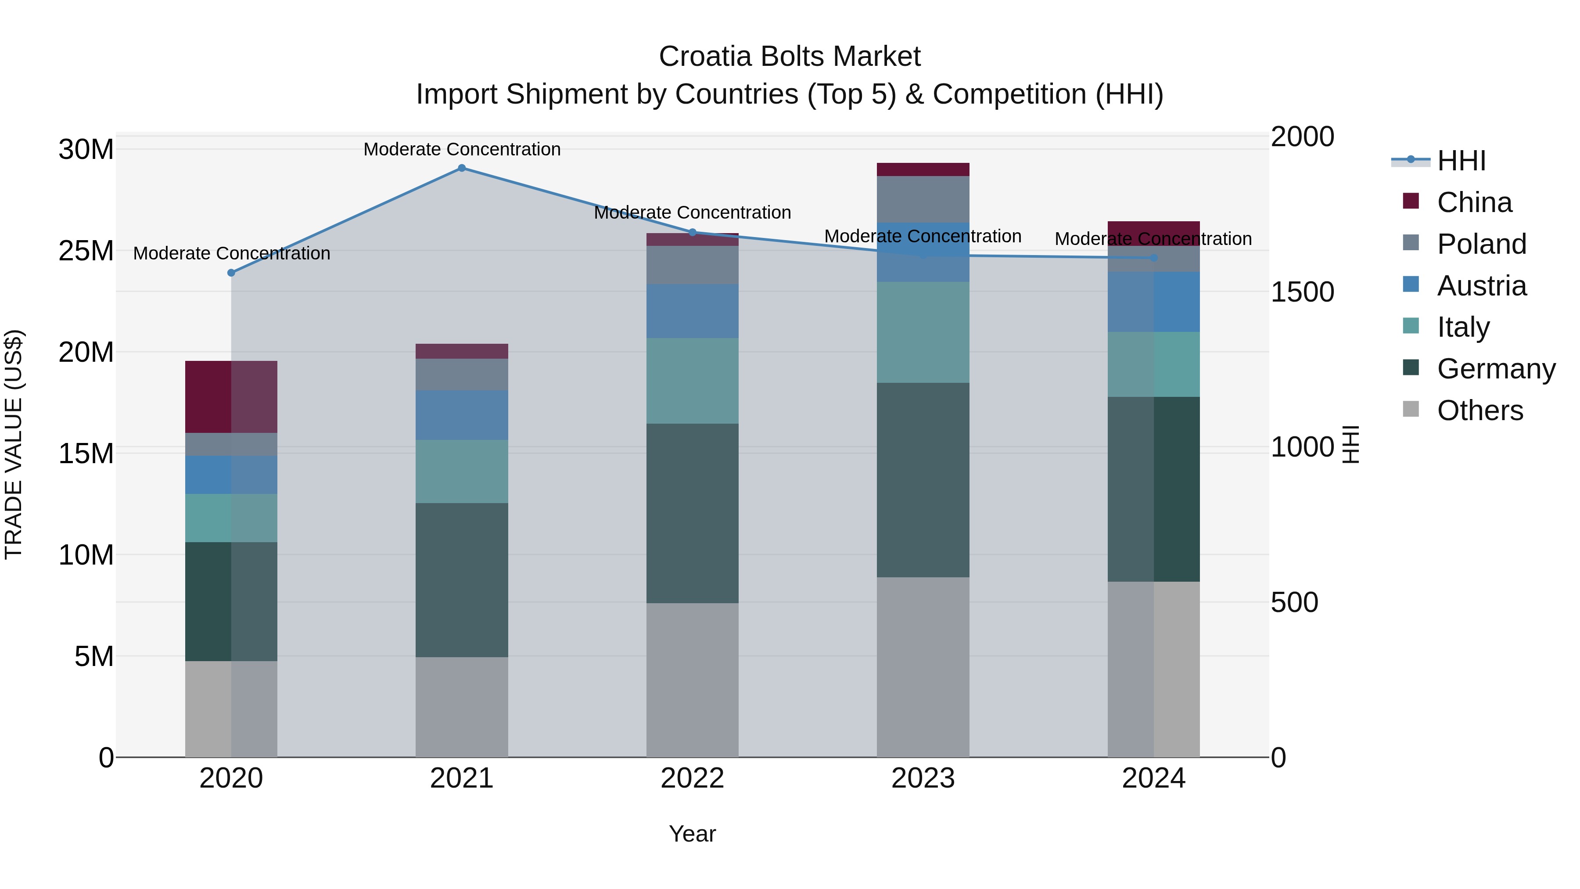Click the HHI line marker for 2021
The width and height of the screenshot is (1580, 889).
(462, 168)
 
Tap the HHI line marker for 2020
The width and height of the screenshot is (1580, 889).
(231, 273)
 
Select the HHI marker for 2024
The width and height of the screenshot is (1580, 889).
(1154, 258)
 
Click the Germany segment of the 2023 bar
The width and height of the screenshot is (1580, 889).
(923, 480)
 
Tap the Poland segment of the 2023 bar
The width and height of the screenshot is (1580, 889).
(923, 199)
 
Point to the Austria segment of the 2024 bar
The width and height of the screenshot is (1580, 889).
(1154, 302)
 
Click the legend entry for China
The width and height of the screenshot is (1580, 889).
(1475, 202)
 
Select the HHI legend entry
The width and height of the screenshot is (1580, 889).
(1461, 161)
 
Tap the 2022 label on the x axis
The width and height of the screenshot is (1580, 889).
(693, 778)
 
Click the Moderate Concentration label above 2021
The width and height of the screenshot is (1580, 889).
(462, 149)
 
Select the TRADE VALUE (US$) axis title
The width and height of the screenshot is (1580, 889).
(14, 444)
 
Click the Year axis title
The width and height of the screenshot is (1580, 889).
(693, 834)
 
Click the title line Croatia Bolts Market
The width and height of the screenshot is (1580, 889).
(790, 57)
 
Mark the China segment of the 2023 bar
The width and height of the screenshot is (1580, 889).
(923, 169)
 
